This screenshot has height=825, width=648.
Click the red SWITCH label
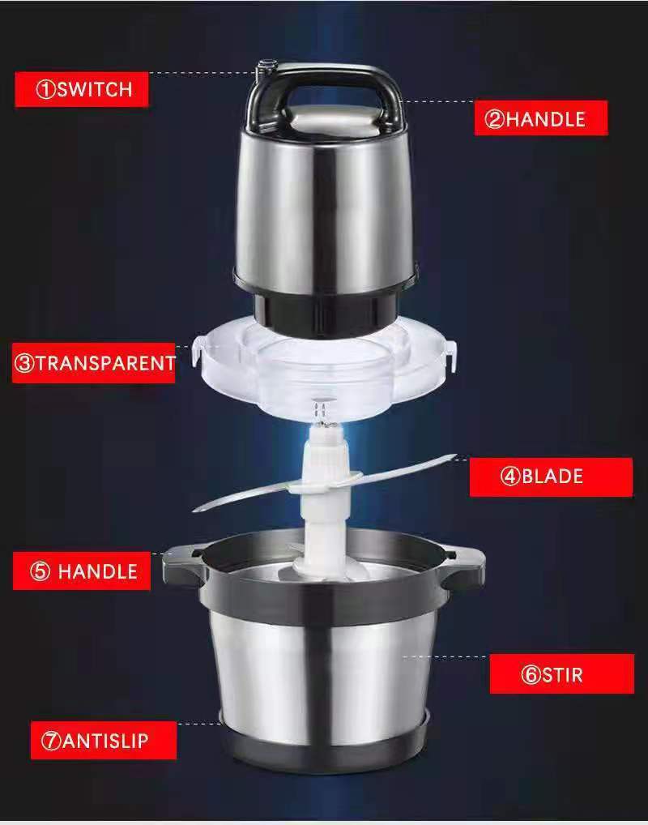click(82, 89)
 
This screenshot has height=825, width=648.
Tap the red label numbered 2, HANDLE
click(541, 118)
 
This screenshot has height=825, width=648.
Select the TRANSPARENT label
click(94, 363)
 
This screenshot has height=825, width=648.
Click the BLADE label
click(551, 477)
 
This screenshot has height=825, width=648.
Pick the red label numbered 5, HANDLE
click(82, 571)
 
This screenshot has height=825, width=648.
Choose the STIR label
click(562, 674)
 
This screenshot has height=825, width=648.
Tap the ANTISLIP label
click(104, 740)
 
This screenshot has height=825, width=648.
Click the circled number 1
click(45, 89)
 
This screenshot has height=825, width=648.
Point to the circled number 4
click(510, 477)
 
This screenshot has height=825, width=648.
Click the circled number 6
click(531, 674)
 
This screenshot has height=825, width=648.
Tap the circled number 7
click(52, 741)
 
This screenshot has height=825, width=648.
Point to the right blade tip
click(454, 457)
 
